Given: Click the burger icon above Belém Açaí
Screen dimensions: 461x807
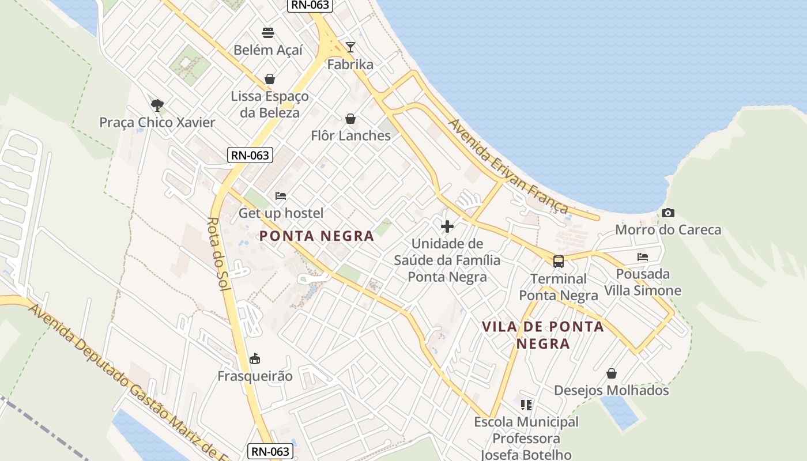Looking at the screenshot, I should tap(268, 32).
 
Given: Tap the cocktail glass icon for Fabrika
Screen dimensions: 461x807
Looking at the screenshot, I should tap(350, 47).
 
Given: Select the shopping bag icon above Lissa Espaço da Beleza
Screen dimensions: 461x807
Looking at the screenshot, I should tap(269, 78).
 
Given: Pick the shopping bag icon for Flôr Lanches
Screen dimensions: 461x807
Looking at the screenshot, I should tap(350, 119).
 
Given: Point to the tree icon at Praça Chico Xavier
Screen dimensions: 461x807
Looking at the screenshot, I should tap(157, 105).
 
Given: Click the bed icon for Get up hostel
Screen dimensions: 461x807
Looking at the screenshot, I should tap(281, 196).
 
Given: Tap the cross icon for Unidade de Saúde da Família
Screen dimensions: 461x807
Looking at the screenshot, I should tap(447, 226).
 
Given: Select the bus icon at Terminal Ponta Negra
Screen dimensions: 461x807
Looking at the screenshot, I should tap(558, 262).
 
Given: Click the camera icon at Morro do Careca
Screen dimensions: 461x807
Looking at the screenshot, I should tap(668, 213).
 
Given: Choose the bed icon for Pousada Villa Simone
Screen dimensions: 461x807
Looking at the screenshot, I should tap(643, 257).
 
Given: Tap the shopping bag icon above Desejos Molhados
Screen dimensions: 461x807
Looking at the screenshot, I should tap(612, 373).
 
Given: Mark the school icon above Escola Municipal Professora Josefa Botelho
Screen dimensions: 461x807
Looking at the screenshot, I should tap(526, 405).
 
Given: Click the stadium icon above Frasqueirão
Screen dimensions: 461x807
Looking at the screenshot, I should tap(255, 359).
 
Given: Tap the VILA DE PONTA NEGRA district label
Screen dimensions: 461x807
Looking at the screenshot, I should tap(543, 335).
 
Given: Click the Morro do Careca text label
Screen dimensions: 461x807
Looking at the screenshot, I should tap(668, 230).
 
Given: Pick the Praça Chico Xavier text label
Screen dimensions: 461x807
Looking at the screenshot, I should tap(157, 122).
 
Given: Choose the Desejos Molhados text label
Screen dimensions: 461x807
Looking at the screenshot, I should tap(612, 390).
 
